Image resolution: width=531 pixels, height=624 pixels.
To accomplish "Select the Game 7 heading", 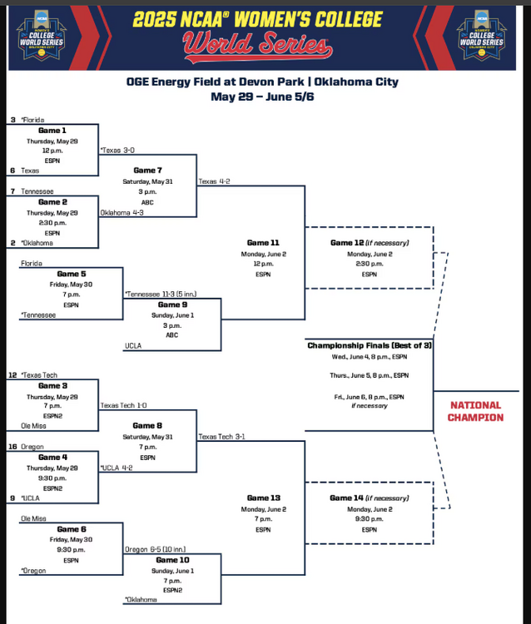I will click(147, 170).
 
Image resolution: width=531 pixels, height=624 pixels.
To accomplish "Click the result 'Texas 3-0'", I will click(120, 151).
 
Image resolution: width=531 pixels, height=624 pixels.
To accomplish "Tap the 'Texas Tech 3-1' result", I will click(221, 436).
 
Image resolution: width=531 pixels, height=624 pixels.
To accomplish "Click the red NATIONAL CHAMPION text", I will click(476, 411).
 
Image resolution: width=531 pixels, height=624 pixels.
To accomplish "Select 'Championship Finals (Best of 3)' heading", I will click(369, 344).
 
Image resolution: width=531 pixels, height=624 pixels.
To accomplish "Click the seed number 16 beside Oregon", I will click(12, 447).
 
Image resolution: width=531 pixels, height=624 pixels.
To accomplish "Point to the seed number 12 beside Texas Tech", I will click(12, 375).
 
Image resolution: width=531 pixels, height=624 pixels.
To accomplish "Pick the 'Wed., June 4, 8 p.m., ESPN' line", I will click(369, 357).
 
